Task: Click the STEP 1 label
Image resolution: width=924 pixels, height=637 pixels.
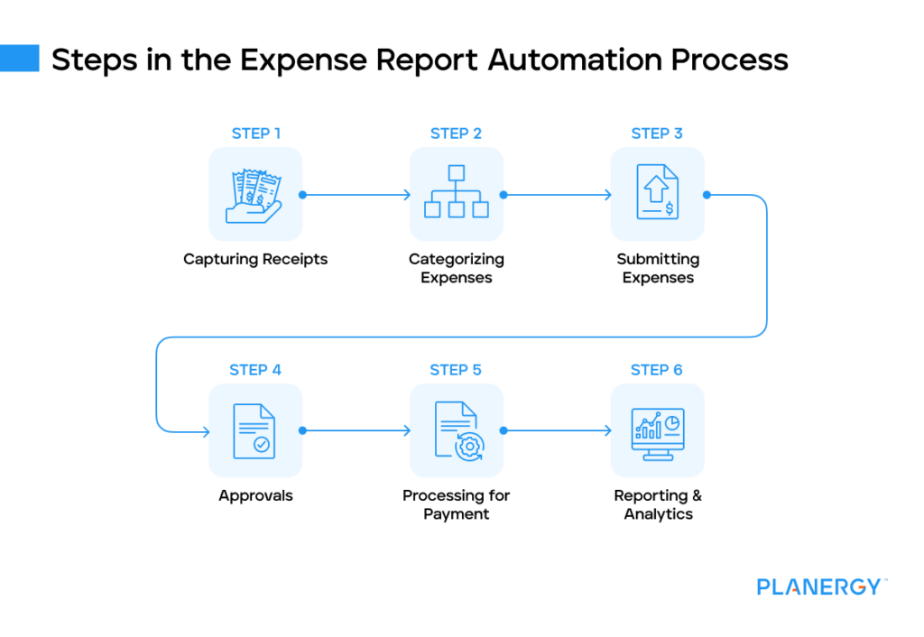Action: [x=255, y=134]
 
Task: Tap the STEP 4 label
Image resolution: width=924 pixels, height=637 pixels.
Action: [x=255, y=370]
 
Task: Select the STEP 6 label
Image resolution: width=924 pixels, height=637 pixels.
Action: [x=657, y=370]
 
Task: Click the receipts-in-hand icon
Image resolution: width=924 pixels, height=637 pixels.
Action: [x=255, y=195]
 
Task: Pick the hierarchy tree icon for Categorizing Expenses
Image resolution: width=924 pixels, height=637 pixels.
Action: [x=456, y=195]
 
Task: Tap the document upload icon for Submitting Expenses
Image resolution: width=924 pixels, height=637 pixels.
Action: [x=657, y=195]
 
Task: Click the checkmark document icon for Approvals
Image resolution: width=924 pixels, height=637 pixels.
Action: [x=255, y=431]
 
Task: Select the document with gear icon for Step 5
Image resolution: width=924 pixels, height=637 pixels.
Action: [x=456, y=431]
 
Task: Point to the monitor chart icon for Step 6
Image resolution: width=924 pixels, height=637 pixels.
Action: [x=657, y=431]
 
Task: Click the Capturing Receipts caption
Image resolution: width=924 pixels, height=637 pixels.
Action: [x=255, y=260]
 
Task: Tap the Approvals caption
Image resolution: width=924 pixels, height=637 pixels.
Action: [x=255, y=495]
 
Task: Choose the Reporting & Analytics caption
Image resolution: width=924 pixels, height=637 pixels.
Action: [x=658, y=504]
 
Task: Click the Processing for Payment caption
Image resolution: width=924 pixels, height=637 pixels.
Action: [x=456, y=504]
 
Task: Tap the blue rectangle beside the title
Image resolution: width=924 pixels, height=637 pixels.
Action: [x=20, y=59]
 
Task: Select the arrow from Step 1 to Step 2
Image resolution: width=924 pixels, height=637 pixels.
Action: [x=356, y=195]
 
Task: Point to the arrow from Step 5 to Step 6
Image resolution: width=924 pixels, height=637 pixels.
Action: [x=557, y=431]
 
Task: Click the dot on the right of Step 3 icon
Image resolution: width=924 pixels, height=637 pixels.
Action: [x=707, y=195]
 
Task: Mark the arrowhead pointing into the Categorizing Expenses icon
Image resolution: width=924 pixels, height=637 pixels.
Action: [x=406, y=195]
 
